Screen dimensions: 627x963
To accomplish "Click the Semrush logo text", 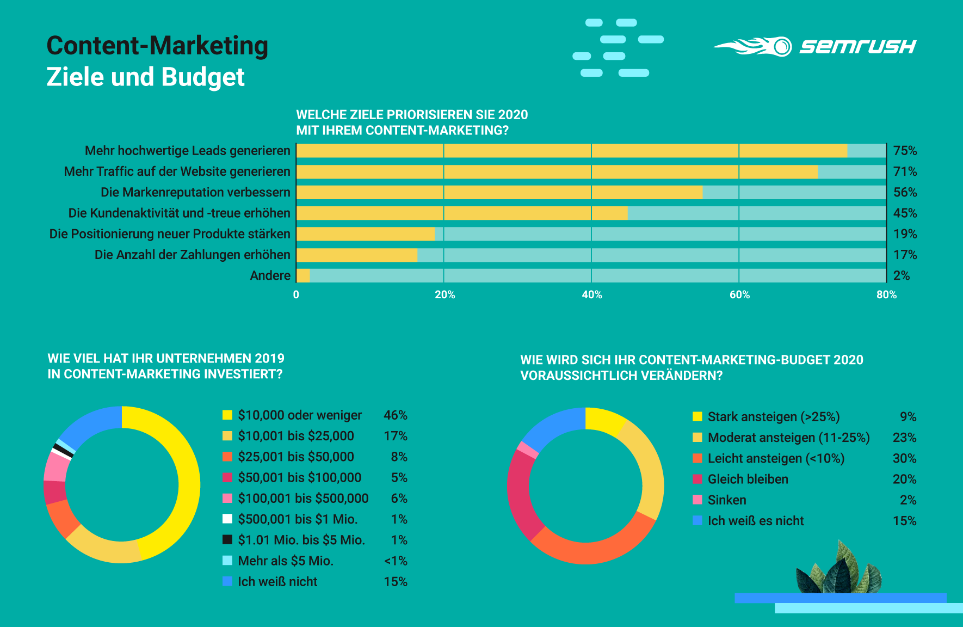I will click(x=857, y=47).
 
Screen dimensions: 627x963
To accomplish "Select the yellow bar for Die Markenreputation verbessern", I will click(x=499, y=192).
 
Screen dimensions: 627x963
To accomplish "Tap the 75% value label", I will click(x=905, y=151).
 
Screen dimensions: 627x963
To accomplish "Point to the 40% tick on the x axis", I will click(x=592, y=294).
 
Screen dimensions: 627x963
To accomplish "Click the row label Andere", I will click(x=270, y=275).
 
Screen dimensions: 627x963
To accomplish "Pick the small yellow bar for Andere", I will click(x=303, y=275).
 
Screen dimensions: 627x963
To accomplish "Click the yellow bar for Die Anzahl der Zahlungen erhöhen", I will click(x=356, y=255).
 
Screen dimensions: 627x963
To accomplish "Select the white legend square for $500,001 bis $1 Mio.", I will click(x=227, y=519).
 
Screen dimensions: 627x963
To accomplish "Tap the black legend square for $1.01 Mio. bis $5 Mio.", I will click(x=227, y=539).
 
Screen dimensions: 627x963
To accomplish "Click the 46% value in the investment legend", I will click(x=395, y=415).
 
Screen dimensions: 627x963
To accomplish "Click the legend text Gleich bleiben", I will click(x=748, y=479).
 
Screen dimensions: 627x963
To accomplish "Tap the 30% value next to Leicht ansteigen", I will click(x=904, y=458).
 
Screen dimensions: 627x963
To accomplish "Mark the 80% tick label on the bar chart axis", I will click(x=886, y=294).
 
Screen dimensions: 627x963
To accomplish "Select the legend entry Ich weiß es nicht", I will click(x=755, y=521).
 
